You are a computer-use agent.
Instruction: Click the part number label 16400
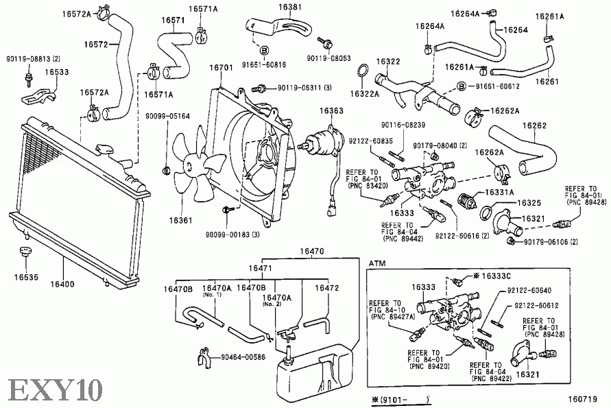(x=62, y=284)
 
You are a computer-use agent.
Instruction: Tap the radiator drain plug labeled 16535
(x=25, y=252)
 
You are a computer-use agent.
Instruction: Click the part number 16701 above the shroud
(x=221, y=67)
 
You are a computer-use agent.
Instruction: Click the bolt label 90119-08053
(x=329, y=58)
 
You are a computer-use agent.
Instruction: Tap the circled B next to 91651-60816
(x=264, y=51)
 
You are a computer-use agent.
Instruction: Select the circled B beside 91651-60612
(x=462, y=86)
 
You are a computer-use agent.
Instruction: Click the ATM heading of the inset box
(x=376, y=263)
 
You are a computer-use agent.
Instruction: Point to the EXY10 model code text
(x=55, y=389)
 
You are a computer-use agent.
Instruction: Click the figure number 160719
(x=582, y=399)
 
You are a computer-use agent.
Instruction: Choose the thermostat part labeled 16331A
(x=467, y=201)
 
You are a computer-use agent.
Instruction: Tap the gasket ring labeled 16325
(x=487, y=213)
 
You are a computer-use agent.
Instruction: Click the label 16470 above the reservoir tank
(x=312, y=252)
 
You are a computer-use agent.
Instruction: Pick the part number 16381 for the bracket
(x=290, y=7)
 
